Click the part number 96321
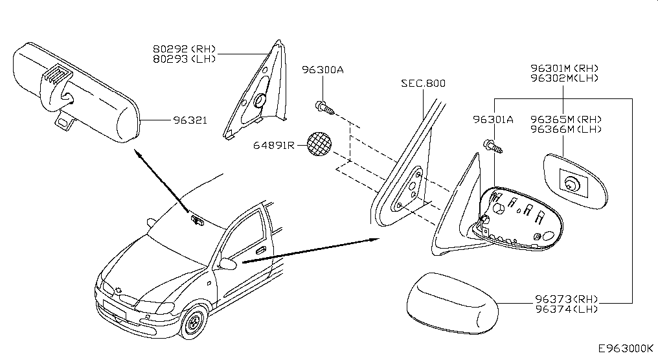click(190, 120)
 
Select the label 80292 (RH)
click(184, 49)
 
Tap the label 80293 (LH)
click(184, 59)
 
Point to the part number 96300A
click(323, 70)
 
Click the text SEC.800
click(423, 83)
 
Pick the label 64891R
click(274, 145)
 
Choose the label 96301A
click(493, 120)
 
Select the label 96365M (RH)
click(565, 120)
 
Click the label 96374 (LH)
click(567, 309)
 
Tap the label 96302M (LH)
click(565, 78)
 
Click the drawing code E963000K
click(626, 348)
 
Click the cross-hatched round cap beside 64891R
click(319, 144)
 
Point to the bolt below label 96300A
click(324, 107)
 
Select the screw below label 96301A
click(493, 146)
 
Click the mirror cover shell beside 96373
click(452, 303)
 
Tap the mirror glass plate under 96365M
click(575, 181)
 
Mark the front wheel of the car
click(194, 322)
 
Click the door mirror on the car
click(227, 264)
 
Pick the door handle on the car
click(260, 251)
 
